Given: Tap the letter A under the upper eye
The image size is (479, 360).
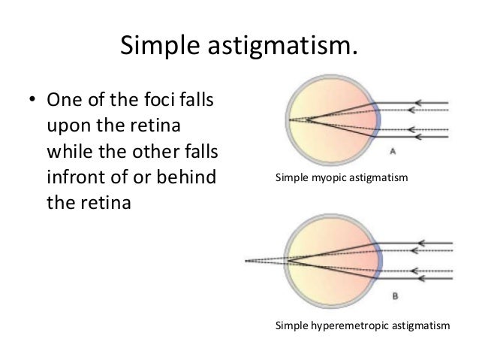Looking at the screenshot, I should coord(392,151).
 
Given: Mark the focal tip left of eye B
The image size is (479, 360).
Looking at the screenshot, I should coord(247,262).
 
